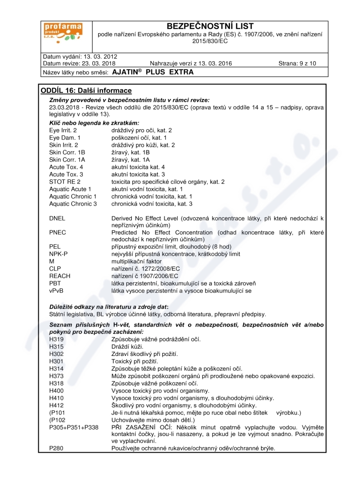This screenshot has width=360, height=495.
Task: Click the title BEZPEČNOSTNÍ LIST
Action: (210, 26)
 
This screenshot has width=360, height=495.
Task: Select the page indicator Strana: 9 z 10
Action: (297, 63)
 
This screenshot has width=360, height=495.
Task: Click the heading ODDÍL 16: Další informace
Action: (86, 90)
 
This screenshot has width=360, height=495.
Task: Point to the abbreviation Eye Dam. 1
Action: (65, 137)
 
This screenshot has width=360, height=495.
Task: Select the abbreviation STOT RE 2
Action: (65, 181)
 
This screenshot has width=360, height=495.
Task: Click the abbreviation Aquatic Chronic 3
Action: (73, 203)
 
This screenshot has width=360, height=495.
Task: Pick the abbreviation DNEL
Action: (57, 218)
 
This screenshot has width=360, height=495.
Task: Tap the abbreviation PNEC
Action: (57, 233)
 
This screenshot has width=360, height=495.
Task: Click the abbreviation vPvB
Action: (57, 291)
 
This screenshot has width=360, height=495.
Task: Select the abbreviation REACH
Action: (59, 276)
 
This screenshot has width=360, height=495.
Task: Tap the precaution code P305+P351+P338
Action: (74, 427)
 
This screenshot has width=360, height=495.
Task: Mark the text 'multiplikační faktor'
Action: (136, 261)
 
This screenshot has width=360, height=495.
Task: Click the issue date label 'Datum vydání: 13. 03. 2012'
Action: (80, 57)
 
